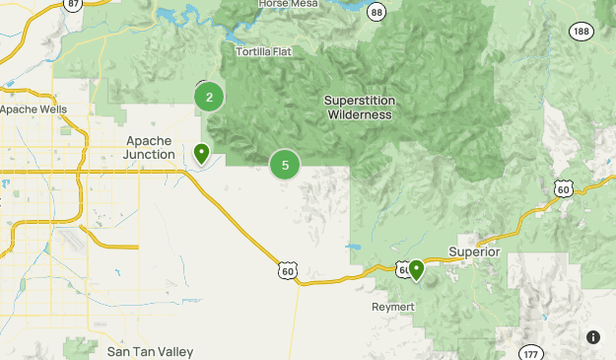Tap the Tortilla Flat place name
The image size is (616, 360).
pyautogui.click(x=265, y=51)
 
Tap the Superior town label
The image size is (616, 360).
pyautogui.click(x=475, y=252)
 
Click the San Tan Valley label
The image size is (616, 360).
pyautogui.click(x=151, y=351)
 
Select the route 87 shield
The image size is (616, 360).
pyautogui.click(x=71, y=5)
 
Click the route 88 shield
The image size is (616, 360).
pyautogui.click(x=376, y=11)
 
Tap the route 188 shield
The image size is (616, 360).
pyautogui.click(x=580, y=32)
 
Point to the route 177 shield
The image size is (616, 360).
pyautogui.click(x=531, y=353)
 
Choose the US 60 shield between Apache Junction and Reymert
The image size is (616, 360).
pyautogui.click(x=287, y=269)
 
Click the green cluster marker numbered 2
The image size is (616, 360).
pyautogui.click(x=209, y=97)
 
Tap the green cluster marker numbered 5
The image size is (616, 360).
pyautogui.click(x=285, y=165)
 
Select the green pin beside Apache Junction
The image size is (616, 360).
pyautogui.click(x=201, y=153)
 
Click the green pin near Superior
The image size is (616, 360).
pyautogui.click(x=417, y=268)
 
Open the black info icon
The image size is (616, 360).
pyautogui.click(x=593, y=337)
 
